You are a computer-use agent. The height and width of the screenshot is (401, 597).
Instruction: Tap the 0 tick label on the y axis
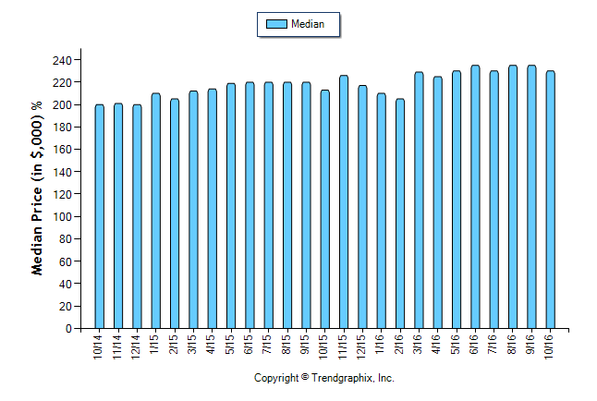click(x=68, y=329)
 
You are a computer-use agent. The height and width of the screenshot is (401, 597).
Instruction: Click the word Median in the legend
click(x=308, y=24)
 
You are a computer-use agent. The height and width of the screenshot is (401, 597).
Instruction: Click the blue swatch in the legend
click(x=275, y=24)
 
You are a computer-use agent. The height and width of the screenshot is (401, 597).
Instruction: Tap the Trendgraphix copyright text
click(x=324, y=378)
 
